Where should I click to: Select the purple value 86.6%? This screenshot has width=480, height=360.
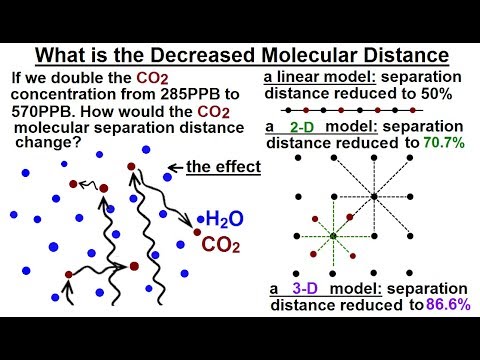click(442, 305)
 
